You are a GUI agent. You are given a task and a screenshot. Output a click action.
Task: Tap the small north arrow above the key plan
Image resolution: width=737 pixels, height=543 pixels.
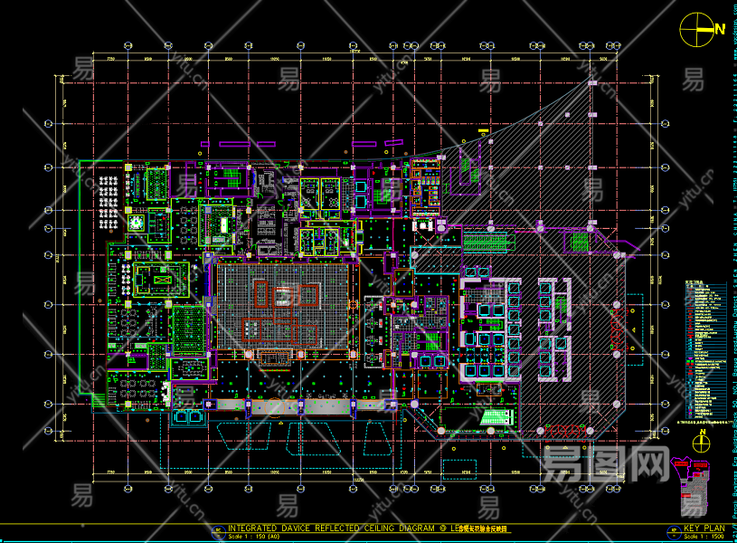click(700, 442)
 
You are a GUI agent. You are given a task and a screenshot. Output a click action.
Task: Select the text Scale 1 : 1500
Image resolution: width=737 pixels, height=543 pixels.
click(705, 536)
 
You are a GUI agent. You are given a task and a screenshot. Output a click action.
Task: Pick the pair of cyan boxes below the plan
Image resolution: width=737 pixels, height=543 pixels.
click(188, 417)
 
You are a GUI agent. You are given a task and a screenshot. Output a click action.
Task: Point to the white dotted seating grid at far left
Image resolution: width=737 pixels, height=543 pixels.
click(109, 191)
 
